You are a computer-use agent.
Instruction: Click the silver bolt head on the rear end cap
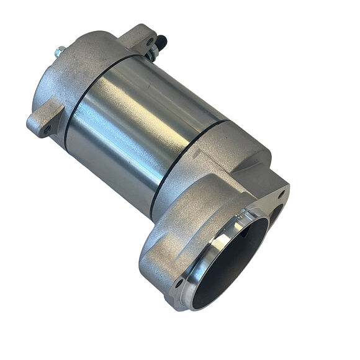coord(58,53)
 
